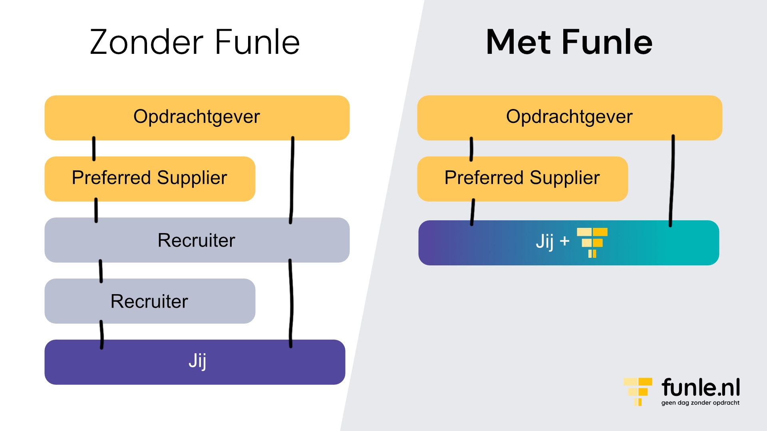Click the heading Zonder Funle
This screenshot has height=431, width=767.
tap(195, 42)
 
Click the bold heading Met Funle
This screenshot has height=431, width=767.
tap(569, 42)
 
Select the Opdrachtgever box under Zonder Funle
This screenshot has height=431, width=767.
tap(197, 117)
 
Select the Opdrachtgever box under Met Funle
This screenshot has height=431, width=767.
tap(569, 117)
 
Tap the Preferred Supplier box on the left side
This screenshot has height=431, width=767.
tap(149, 178)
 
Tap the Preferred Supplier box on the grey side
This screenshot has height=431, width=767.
tap(522, 178)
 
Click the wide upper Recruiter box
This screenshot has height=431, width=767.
tap(197, 240)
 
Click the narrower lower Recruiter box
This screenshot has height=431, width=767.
tap(149, 301)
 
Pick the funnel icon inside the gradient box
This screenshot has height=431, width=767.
tap(592, 242)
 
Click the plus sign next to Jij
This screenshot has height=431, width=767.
tap(564, 241)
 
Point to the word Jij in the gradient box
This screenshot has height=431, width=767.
tap(544, 242)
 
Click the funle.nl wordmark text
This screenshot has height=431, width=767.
tap(700, 388)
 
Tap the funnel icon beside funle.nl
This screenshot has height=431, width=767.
tap(638, 391)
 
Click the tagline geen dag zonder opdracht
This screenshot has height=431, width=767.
tap(700, 403)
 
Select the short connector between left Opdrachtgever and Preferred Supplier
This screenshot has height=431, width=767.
tap(94, 148)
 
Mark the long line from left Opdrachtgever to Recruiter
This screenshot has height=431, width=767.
tap(292, 180)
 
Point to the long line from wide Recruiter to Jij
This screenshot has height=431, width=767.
tap(291, 303)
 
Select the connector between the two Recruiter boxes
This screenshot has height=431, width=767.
tap(101, 271)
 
